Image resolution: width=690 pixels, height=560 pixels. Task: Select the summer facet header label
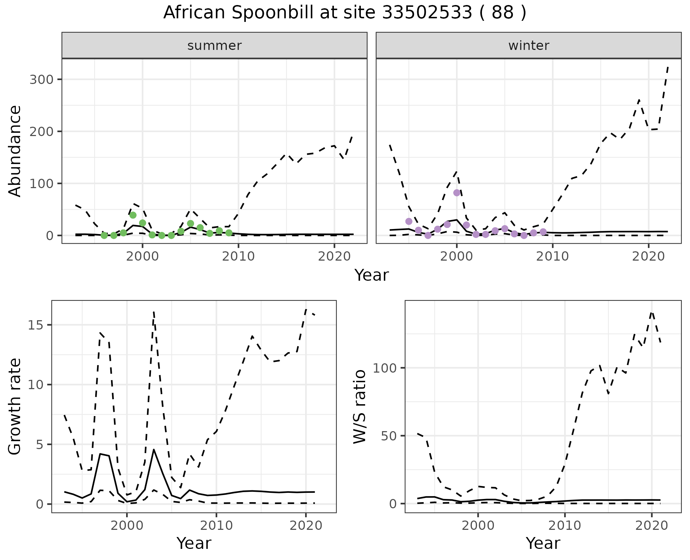(x=214, y=46)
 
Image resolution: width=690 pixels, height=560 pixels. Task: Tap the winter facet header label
(x=528, y=46)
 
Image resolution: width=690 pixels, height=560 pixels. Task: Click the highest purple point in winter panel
(x=457, y=193)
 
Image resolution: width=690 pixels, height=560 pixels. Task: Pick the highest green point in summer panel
(x=133, y=215)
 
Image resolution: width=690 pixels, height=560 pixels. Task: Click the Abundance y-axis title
(x=15, y=151)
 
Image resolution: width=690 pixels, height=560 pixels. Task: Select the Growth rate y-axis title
(x=15, y=406)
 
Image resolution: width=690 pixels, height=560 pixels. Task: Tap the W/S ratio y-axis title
(x=360, y=406)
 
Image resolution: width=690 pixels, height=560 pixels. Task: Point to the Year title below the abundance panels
(x=372, y=275)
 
